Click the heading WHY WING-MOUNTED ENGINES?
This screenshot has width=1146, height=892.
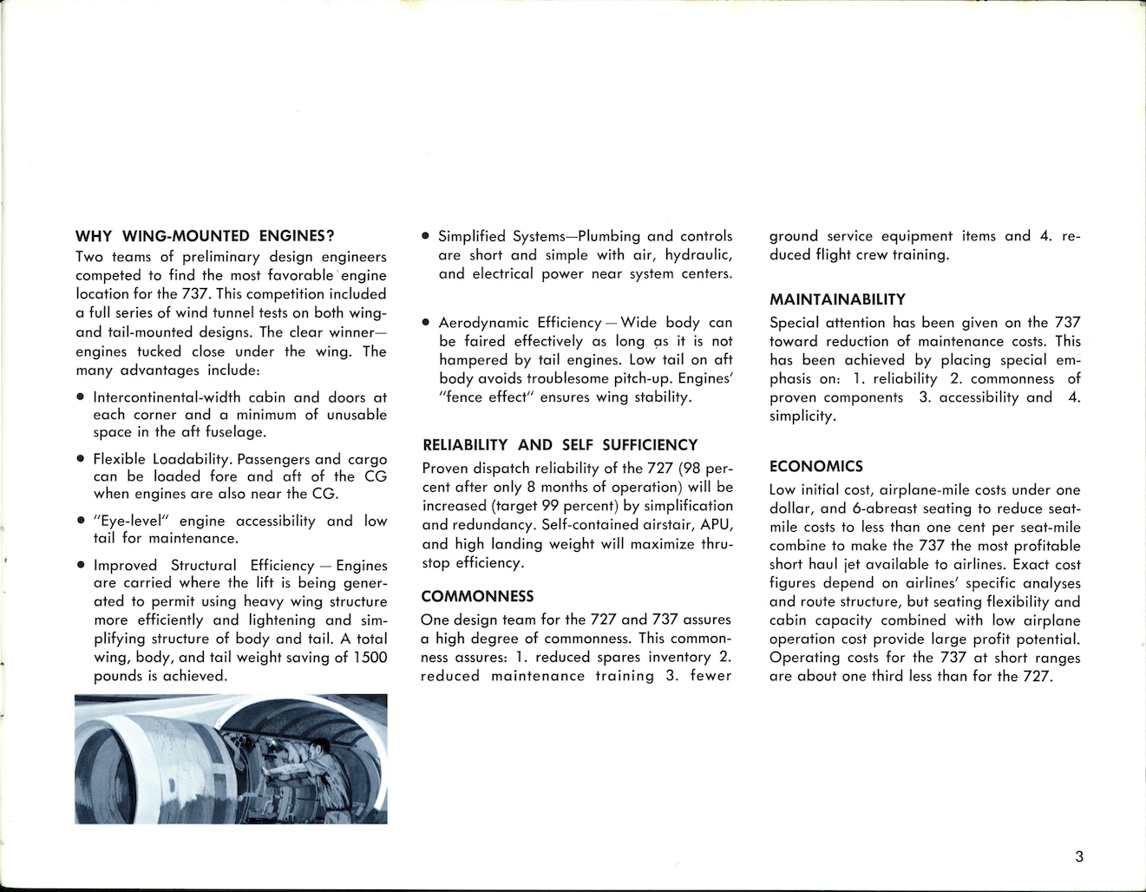click(206, 235)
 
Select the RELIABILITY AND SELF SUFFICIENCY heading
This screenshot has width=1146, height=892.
click(560, 445)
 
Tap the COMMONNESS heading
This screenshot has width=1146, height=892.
click(476, 596)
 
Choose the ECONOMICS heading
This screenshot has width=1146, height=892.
click(815, 466)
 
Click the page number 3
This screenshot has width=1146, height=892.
click(1078, 857)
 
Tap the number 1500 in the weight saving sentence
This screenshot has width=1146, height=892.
click(370, 657)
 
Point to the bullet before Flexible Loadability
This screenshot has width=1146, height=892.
click(80, 460)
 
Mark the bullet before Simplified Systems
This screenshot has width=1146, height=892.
click(425, 236)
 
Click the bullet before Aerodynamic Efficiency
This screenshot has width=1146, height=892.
click(425, 323)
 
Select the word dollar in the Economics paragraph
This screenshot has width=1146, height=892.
click(791, 508)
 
